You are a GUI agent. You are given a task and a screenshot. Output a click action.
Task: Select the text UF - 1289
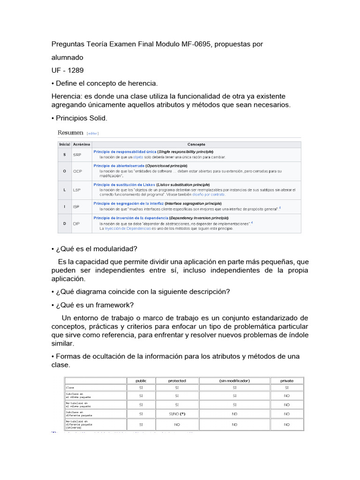coord(67,70)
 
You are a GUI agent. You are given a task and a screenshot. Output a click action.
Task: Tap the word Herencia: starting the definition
coord(67,96)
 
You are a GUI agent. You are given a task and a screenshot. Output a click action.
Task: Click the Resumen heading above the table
coord(70,133)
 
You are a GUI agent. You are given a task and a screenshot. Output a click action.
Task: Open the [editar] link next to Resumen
coord(92,134)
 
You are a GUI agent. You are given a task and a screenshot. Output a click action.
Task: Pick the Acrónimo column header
coord(81,144)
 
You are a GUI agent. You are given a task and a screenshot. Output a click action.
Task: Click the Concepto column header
coord(196,144)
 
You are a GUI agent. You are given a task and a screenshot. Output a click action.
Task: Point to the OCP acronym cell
coord(77,171)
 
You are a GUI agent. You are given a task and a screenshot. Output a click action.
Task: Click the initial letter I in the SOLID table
coord(64,206)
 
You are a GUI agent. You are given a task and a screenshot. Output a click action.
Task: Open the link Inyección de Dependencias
coord(127,228)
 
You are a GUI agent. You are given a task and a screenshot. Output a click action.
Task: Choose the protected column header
coord(177,381)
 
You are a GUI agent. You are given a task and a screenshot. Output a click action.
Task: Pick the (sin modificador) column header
coord(234,381)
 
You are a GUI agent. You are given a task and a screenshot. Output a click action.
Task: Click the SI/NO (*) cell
coord(177,414)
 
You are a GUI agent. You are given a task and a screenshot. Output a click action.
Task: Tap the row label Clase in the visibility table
coord(70,388)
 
